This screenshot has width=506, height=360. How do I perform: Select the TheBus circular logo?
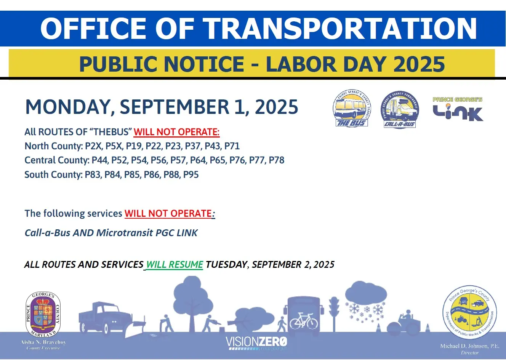point(351,109)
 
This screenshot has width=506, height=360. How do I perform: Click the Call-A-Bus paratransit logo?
point(399,110)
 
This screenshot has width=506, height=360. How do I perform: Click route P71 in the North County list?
point(232,146)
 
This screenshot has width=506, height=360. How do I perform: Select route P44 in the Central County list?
point(100,160)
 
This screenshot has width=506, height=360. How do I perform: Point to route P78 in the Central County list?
point(277,160)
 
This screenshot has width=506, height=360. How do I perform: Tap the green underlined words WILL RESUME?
point(175,264)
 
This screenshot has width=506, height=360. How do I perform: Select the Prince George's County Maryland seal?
point(43,315)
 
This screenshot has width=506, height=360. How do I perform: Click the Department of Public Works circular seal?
point(469,312)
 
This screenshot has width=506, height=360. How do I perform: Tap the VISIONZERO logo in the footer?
point(256,342)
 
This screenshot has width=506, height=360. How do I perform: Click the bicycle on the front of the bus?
point(304,321)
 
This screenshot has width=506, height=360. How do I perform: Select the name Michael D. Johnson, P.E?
point(469,346)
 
